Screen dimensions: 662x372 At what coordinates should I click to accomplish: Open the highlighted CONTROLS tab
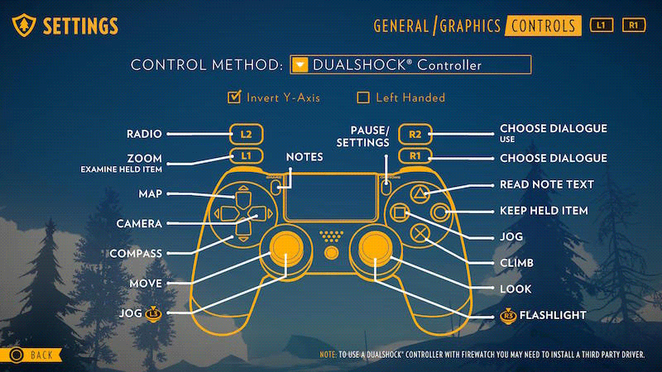[x=543, y=26]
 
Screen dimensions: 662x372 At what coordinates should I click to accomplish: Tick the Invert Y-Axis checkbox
[x=233, y=98]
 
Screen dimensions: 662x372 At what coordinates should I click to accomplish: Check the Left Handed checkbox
[x=362, y=98]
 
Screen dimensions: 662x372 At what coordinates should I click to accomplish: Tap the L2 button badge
[x=247, y=133]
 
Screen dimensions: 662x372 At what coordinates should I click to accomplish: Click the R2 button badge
[x=415, y=133]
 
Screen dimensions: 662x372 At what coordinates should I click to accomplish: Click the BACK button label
[x=41, y=355]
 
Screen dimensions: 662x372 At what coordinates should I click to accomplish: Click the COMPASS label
[x=138, y=253]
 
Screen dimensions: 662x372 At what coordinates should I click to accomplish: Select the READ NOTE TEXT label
[x=547, y=184]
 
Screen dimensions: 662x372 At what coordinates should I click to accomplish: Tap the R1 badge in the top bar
[x=633, y=26]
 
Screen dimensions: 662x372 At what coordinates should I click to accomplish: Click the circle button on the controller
[x=439, y=213]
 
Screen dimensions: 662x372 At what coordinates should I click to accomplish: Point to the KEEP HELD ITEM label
[x=544, y=211]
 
